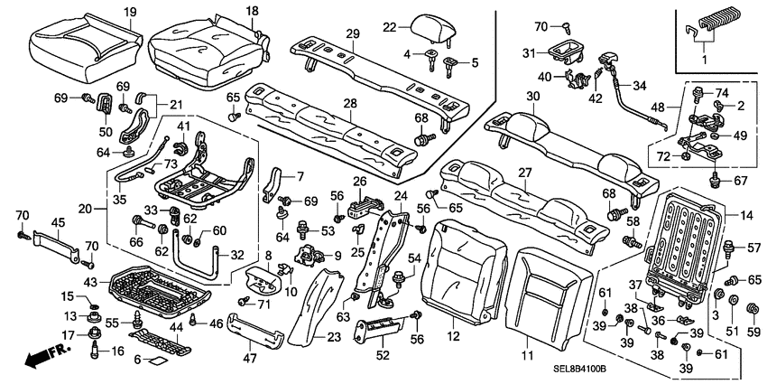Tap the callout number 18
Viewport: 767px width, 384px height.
pos(252,11)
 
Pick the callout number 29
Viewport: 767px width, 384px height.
pos(353,33)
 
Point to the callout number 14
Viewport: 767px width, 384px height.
pos(745,214)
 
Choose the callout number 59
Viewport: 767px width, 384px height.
pos(753,331)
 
